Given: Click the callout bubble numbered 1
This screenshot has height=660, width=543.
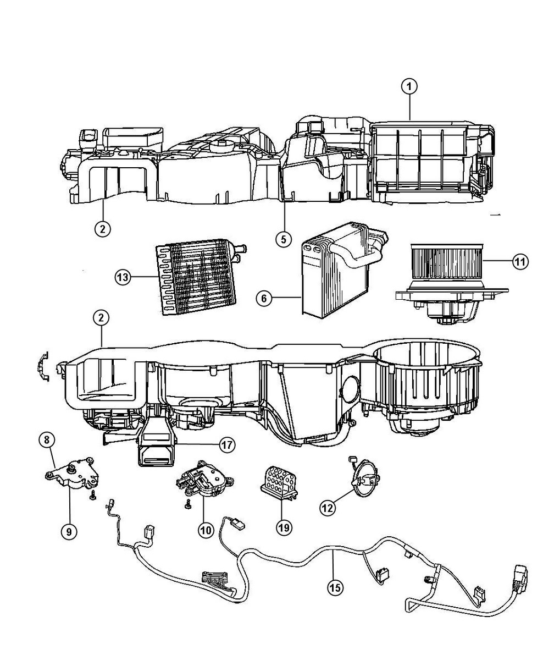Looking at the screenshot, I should (409, 86).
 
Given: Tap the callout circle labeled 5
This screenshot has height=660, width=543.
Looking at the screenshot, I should (284, 239).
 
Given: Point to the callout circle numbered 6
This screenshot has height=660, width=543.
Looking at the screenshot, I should (264, 298).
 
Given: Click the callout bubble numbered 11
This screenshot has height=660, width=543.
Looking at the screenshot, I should (520, 261).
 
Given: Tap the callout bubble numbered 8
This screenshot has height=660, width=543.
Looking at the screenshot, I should (47, 440).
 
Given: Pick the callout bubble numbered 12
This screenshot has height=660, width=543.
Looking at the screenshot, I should (328, 508).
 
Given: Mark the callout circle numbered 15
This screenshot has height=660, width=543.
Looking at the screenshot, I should (334, 588).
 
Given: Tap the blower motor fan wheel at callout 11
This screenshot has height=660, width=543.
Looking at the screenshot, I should (445, 263).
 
